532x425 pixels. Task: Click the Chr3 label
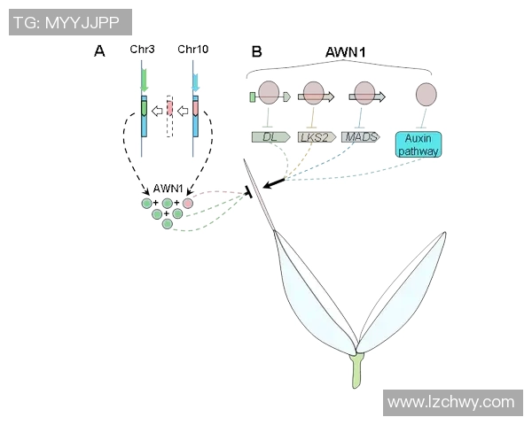pos(142,50)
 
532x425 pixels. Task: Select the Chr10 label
pos(193,50)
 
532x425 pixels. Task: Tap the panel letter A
pos(100,51)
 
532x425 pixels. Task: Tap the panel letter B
pos(256,51)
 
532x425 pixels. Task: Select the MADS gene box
pos(360,137)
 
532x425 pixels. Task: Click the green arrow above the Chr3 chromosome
pos(144,82)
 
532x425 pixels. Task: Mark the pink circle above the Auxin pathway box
pos(426,94)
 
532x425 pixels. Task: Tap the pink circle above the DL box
pos(270,93)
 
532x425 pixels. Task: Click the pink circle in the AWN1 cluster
pos(187,204)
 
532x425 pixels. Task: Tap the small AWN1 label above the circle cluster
pos(168,188)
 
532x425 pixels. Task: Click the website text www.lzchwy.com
pos(451,402)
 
